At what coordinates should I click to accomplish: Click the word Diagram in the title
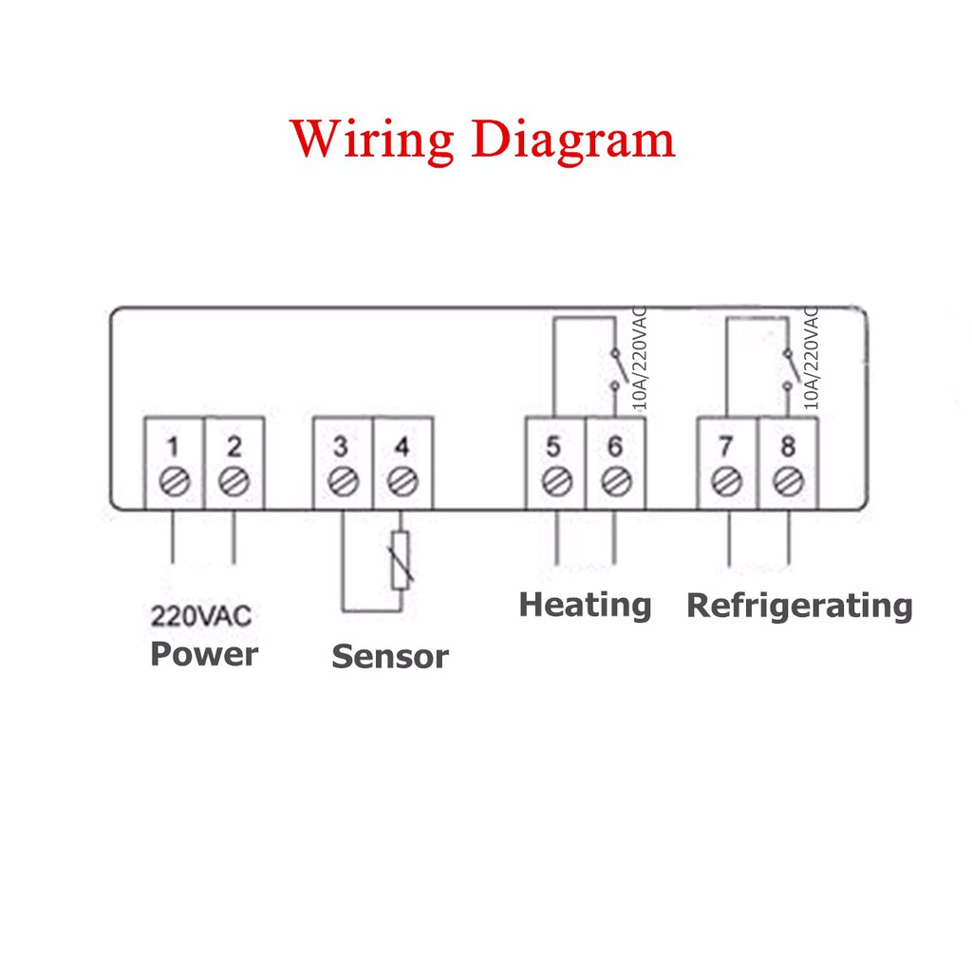tap(573, 140)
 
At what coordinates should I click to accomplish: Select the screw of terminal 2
tap(234, 481)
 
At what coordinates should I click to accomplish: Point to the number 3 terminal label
tap(342, 446)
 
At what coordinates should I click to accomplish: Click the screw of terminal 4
tap(402, 481)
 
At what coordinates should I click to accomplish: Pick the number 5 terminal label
tap(555, 446)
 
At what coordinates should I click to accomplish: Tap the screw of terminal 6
tap(616, 481)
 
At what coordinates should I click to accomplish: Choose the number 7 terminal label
tap(726, 446)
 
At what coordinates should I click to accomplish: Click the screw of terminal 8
tap(787, 481)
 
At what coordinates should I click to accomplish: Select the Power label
tap(204, 654)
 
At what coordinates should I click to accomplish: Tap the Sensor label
tap(389, 656)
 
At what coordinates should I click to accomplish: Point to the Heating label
tap(585, 605)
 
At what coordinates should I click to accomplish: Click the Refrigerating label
tap(799, 605)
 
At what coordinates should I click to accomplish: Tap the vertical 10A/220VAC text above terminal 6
tap(639, 358)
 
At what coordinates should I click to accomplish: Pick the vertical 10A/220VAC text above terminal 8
tap(811, 358)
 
